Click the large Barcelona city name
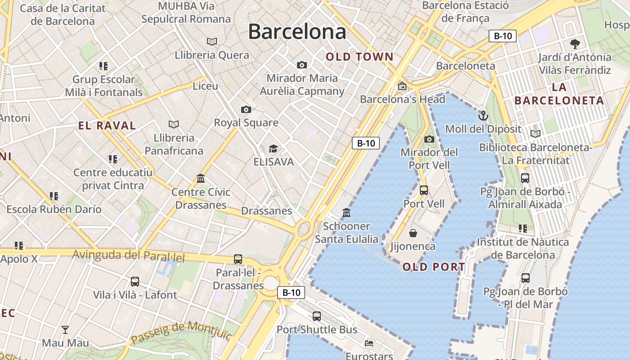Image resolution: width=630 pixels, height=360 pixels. pos(297,32)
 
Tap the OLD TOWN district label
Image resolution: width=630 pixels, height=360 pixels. pos(360,57)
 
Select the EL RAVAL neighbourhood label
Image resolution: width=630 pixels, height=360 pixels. pos(107,126)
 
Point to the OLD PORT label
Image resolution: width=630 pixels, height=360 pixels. pos(434,267)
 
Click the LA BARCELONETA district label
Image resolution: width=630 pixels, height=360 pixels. pos(559,94)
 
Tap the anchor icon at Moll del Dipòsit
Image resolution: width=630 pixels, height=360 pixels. pos(483,116)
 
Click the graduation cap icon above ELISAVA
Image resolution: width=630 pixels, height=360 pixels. pos(273,148)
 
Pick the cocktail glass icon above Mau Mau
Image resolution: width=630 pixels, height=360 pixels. pos(65,330)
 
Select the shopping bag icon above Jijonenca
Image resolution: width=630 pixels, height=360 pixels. pos(413,233)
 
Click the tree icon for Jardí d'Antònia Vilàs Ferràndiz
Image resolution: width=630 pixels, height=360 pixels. pos(575,44)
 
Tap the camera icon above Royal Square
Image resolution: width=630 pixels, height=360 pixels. pos(246,109)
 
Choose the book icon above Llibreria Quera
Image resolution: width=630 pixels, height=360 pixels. pos(212,41)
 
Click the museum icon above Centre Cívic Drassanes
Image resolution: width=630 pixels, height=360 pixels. pos(201,179)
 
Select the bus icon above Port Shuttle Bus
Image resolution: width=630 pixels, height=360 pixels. pos(317,316)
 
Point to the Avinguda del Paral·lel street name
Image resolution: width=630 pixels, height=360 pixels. pos(129,256)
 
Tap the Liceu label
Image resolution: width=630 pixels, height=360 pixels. pos(205,86)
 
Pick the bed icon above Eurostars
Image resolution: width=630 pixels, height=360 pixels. pos(369,343)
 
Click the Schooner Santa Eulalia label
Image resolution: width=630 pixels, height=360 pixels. pos(346,233)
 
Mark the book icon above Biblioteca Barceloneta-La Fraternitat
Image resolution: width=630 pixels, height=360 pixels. pos(535,134)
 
